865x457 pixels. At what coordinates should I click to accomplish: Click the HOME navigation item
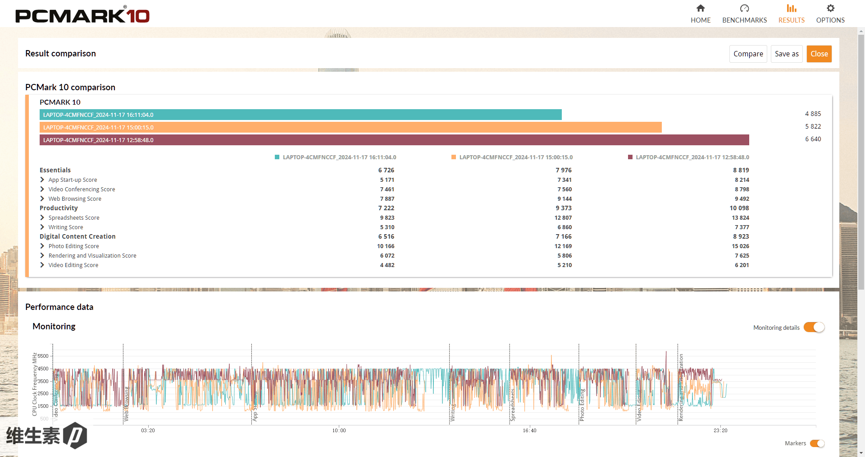(701, 14)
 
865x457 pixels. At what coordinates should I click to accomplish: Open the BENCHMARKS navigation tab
(744, 14)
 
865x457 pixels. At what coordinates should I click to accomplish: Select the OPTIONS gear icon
(830, 9)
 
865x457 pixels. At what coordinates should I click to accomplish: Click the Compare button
(748, 54)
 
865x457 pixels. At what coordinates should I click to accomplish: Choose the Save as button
(787, 54)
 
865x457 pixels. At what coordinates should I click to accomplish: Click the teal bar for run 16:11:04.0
(300, 115)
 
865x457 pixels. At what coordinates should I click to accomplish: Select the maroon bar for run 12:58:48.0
(394, 140)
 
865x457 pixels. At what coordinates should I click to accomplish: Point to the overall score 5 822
(813, 126)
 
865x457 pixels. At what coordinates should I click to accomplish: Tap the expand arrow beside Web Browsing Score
(42, 198)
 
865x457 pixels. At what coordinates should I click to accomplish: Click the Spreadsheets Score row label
(74, 217)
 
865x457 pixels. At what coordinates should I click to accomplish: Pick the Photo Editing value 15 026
(740, 246)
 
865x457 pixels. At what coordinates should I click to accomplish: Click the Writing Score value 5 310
(387, 227)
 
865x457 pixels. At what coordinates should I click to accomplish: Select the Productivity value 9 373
(563, 208)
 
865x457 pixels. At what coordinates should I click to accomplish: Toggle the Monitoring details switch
(814, 327)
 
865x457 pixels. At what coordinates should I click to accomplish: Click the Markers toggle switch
(817, 443)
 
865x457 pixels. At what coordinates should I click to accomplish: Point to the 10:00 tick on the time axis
(339, 430)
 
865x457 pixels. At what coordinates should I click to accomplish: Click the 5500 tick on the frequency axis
(43, 356)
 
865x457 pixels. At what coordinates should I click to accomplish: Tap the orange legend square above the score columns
(454, 157)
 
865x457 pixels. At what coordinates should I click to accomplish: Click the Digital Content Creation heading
(77, 236)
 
